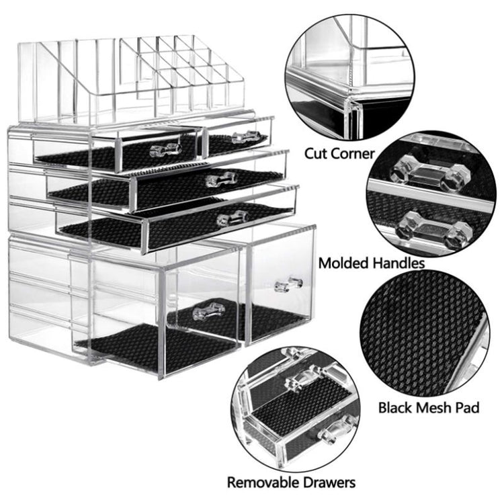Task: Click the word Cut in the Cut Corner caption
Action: pos(316,153)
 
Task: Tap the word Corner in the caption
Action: pos(353,153)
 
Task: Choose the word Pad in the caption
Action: pos(468,408)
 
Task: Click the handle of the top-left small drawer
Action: pos(165,149)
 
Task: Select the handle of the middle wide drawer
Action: pos(222,179)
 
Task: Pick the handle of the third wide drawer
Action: pos(233,218)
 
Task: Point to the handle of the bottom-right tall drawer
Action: pos(289,284)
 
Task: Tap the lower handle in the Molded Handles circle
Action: pos(435,229)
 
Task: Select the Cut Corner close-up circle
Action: pos(350,77)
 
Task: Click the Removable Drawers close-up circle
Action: pos(296,410)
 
